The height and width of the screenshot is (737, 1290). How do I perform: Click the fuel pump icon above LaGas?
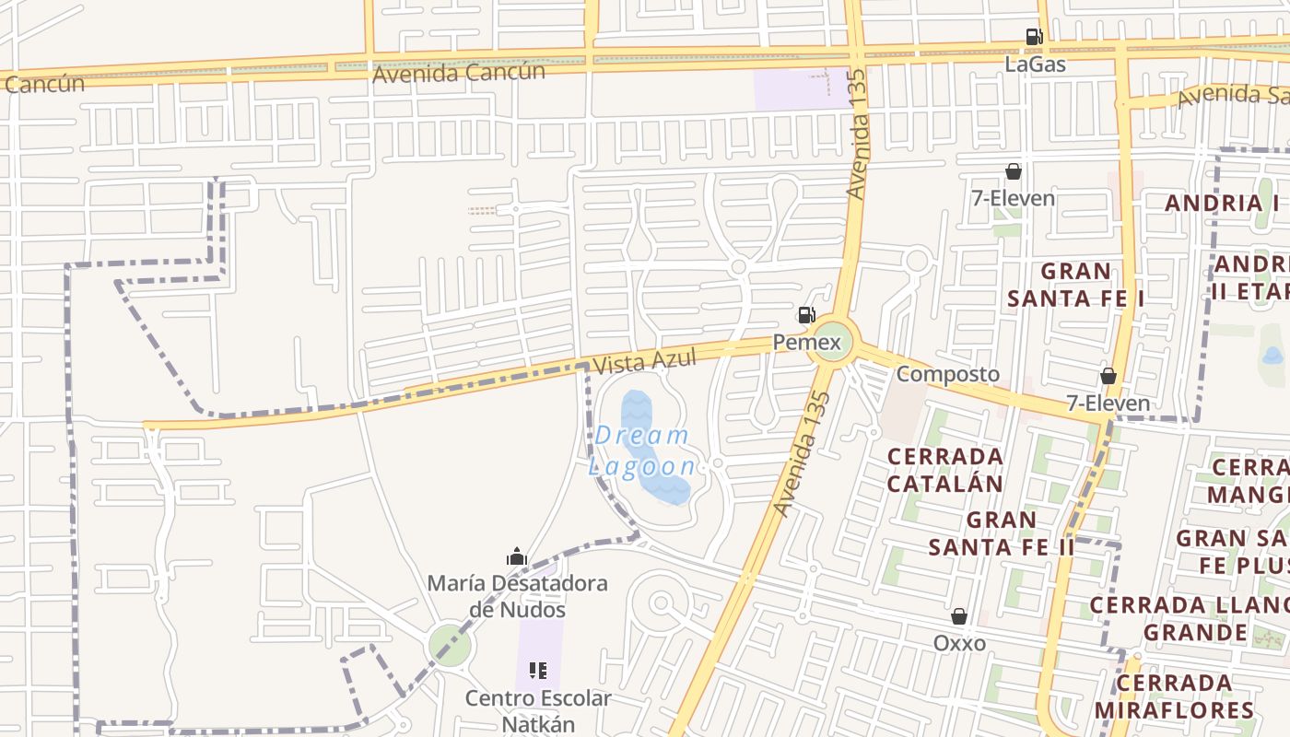(1034, 37)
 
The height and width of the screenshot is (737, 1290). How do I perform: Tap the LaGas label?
(1035, 64)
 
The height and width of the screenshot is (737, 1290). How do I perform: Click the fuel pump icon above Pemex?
(806, 315)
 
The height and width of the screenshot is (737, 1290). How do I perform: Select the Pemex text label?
(807, 344)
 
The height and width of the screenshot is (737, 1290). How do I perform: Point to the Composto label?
(947, 374)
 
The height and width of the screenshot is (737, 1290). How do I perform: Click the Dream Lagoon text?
(643, 450)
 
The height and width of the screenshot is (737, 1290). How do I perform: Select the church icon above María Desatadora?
(517, 556)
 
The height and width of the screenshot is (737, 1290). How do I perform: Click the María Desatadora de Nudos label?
(517, 596)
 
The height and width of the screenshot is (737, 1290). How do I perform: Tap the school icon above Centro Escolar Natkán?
(538, 671)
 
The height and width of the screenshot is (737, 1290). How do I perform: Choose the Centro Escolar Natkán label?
(538, 710)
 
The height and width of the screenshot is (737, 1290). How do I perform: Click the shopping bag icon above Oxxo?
(959, 616)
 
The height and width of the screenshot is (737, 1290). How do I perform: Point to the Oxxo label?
(959, 643)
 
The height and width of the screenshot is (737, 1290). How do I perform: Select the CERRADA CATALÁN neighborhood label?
(944, 470)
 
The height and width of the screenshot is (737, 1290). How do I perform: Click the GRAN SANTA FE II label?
(1002, 533)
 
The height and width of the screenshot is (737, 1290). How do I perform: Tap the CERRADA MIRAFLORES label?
(1174, 696)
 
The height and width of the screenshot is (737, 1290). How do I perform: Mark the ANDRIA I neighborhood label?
(1222, 203)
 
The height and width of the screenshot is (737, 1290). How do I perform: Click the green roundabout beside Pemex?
(833, 343)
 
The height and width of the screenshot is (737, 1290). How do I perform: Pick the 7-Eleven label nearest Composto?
(1108, 403)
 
